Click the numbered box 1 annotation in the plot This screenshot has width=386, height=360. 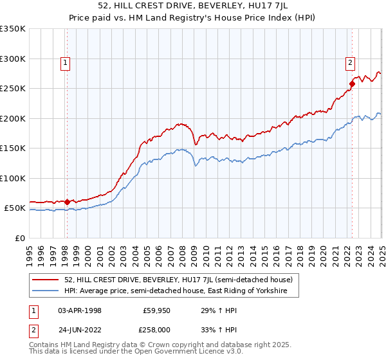point(66,62)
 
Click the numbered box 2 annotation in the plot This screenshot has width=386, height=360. point(350,62)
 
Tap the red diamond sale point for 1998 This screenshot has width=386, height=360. point(67,202)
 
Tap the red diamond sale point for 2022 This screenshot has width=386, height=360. point(353,83)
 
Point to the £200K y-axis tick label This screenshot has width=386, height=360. point(13,118)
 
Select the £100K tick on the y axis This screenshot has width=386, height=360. point(13,178)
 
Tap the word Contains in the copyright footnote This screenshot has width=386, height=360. point(44,346)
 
